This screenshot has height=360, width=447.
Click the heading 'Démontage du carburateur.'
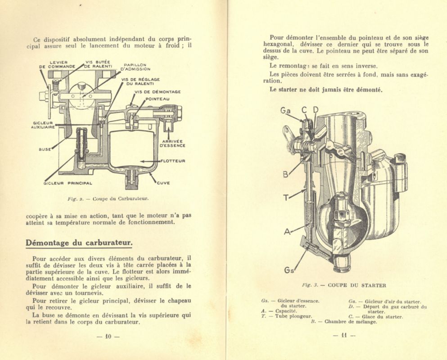79,243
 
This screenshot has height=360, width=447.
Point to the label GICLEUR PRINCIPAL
68,183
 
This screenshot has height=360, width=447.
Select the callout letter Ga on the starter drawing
285,110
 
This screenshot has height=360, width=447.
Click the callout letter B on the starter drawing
285,174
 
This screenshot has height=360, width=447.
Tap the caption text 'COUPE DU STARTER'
357,285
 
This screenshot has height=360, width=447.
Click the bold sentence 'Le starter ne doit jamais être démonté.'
326,90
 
